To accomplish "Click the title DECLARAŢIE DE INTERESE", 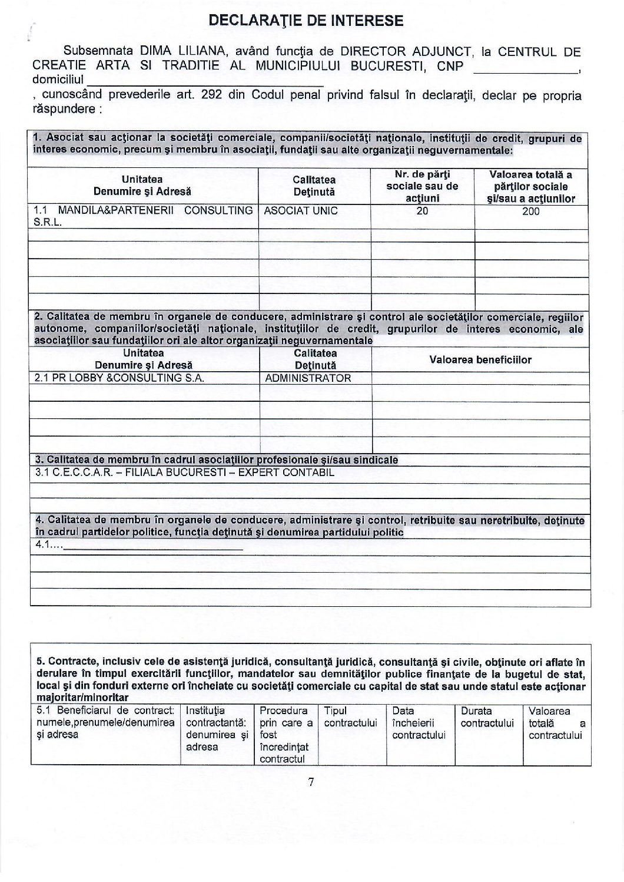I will coord(306,21).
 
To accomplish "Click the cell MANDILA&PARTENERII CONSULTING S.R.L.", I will coord(143,216).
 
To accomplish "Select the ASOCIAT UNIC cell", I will coord(301,211).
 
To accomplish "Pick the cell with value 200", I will coord(530,212).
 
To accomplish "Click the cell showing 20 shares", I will coord(422,211).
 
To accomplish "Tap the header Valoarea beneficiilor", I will coord(480,359).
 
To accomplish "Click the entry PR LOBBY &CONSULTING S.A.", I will coord(120,378).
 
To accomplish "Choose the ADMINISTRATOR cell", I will coord(308,378).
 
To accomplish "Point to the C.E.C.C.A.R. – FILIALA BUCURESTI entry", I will coord(184,473).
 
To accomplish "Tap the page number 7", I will coord(311,782).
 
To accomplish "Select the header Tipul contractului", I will coord(350,717).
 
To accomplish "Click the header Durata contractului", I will coord(487,717).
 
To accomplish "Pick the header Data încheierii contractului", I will coord(419,723).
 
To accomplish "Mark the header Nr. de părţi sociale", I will coord(422,186).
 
